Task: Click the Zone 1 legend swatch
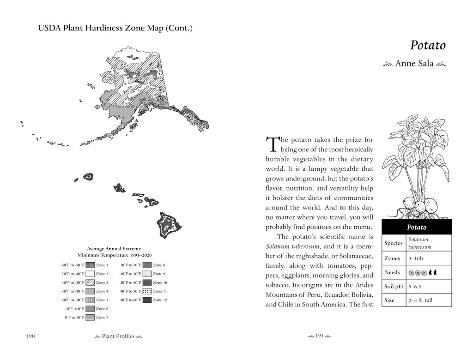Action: [90, 265]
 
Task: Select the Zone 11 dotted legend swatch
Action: [147, 291]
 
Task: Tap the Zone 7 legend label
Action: [102, 317]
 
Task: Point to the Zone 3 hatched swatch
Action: [90, 282]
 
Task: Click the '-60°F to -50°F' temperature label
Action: [73, 265]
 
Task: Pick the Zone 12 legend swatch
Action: [147, 300]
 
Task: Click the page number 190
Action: [30, 336]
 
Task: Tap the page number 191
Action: [320, 336]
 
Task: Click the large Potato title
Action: [428, 45]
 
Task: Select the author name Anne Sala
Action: [414, 63]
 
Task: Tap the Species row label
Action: [394, 243]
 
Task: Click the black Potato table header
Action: [417, 227]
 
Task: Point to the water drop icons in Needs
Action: [433, 273]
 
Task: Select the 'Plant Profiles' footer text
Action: [118, 336]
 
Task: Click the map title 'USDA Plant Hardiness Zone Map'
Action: [100, 28]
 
